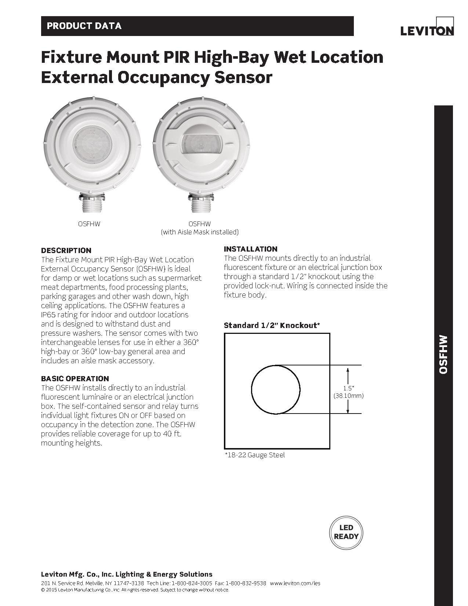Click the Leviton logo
tap(427, 30)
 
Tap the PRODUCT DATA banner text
tap(84, 26)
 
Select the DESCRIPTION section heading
tap(66, 250)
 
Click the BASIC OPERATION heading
tap(75, 379)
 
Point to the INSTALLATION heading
tap(250, 249)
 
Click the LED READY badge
tap(346, 532)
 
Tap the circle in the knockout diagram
tap(276, 389)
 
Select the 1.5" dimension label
tap(348, 388)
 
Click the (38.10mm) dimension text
tap(348, 396)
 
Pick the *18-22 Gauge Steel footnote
tap(255, 455)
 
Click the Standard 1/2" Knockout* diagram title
tap(272, 325)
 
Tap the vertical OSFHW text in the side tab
tap(443, 354)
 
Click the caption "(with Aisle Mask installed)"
tap(200, 232)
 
